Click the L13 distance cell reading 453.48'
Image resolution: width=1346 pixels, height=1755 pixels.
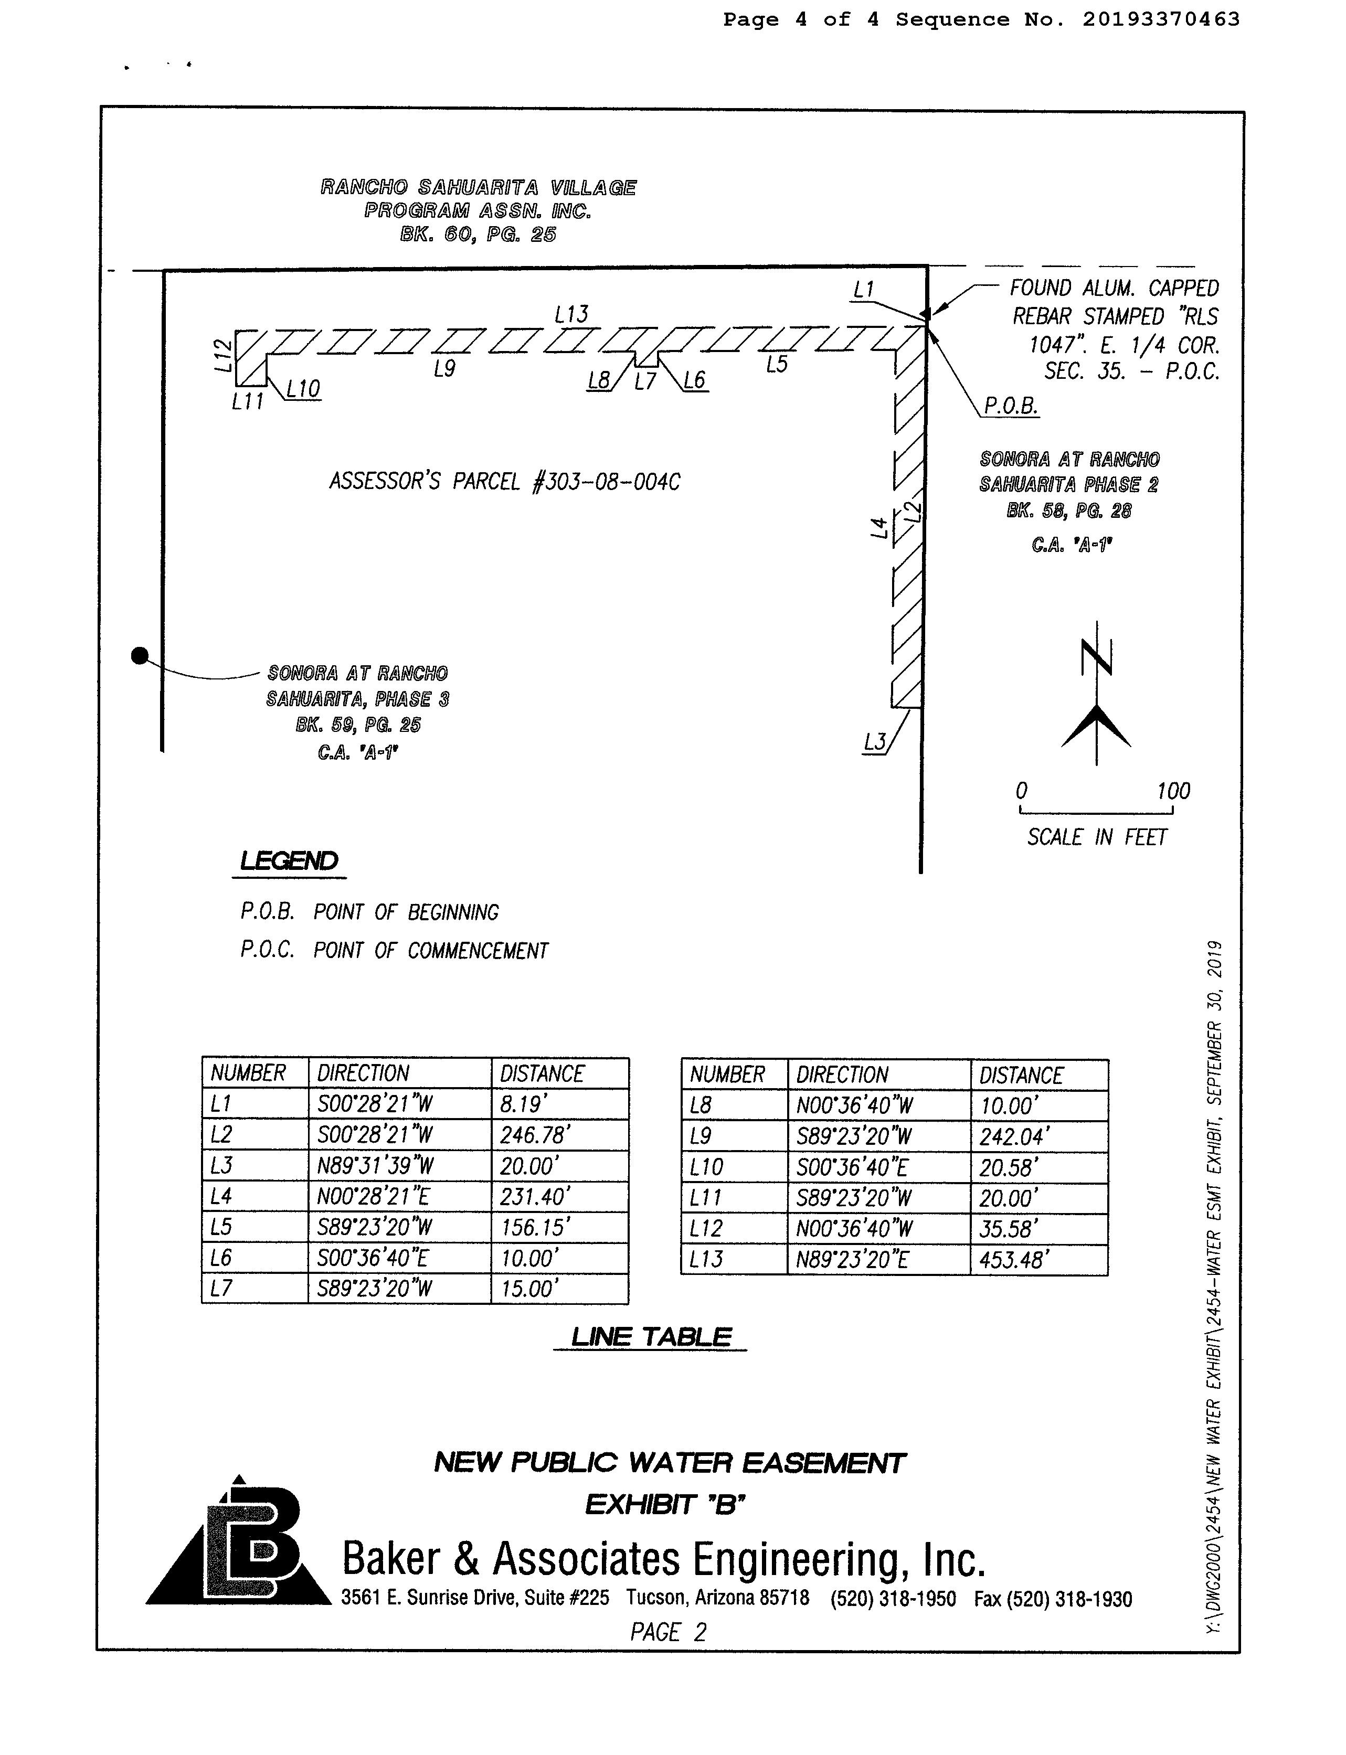[1013, 1260]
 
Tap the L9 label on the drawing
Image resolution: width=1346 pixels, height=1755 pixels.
[444, 368]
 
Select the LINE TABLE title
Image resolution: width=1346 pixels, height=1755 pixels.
[651, 1337]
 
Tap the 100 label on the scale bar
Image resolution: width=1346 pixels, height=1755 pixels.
[1173, 791]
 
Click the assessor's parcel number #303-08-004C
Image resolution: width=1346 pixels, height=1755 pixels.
[607, 482]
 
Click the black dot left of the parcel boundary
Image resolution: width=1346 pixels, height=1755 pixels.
[140, 656]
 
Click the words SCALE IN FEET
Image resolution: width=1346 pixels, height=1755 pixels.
[1097, 837]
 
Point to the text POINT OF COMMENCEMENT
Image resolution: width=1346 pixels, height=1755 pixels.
[430, 951]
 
